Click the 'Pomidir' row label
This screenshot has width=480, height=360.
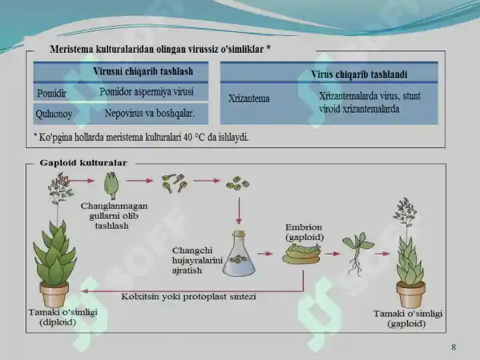coord(51,93)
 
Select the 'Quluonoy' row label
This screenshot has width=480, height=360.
coord(54,114)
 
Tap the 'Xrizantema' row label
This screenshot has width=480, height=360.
coord(249,99)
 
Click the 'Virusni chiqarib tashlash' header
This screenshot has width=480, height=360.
coord(143,71)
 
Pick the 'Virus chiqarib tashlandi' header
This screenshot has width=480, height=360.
coord(359,75)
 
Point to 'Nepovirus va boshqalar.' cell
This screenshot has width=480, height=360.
coord(150,113)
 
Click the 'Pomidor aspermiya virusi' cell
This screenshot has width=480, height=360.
coord(146,92)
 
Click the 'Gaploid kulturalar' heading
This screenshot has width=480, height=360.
coord(83,163)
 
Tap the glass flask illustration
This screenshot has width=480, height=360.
coord(239,254)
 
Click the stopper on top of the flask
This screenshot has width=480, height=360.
coord(239,233)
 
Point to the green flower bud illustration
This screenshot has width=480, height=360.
coord(111,186)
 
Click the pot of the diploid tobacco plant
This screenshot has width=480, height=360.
coord(54,295)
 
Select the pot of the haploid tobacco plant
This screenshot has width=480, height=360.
coord(411,295)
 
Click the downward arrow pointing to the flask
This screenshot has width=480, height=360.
coord(239,211)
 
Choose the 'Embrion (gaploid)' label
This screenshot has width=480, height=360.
coord(304,233)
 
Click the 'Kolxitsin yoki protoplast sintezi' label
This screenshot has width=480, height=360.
coord(189,297)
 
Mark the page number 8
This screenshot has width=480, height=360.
coord(453,347)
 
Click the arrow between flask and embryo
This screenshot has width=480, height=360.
coord(265,254)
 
